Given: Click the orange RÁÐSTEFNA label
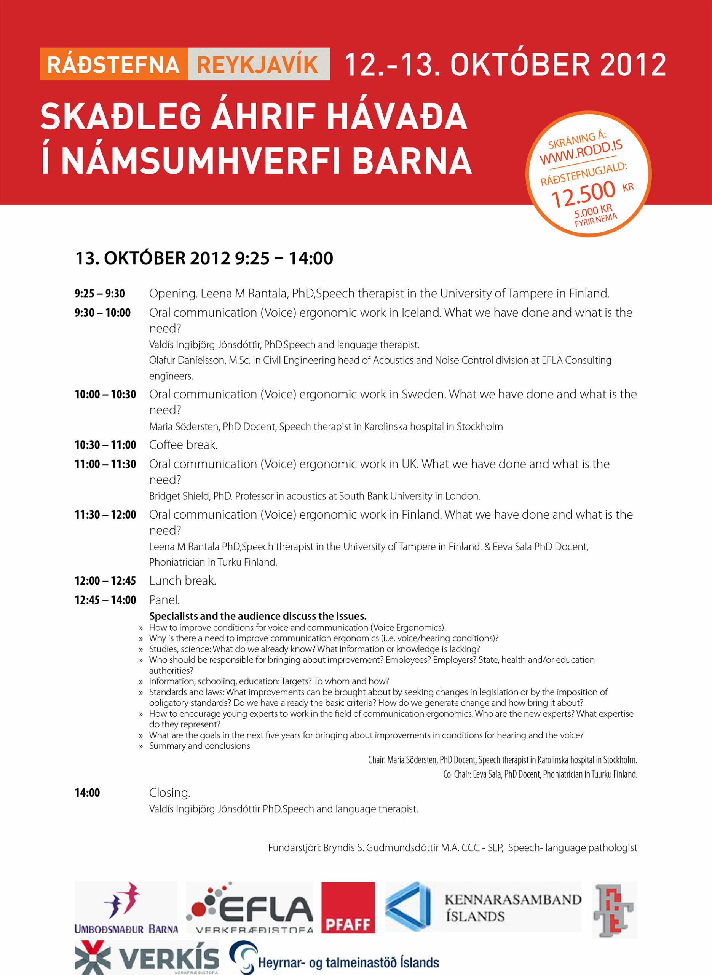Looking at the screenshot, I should pyautogui.click(x=113, y=65).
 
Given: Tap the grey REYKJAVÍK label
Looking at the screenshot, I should pyautogui.click(x=258, y=65).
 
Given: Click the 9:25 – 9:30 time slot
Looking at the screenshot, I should pyautogui.click(x=99, y=294).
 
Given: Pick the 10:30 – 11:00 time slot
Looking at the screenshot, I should pyautogui.click(x=105, y=445).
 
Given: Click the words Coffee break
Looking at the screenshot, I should pyautogui.click(x=183, y=445).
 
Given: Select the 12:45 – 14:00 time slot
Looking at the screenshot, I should pyautogui.click(x=105, y=600).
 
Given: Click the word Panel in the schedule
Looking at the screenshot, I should pyautogui.click(x=164, y=600).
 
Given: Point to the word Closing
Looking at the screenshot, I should pyautogui.click(x=169, y=793).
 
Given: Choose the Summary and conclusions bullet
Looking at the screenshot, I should pyautogui.click(x=199, y=746).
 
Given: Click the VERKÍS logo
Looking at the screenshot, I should pyautogui.click(x=147, y=958).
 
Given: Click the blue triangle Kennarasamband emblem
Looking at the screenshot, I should pyautogui.click(x=407, y=907).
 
